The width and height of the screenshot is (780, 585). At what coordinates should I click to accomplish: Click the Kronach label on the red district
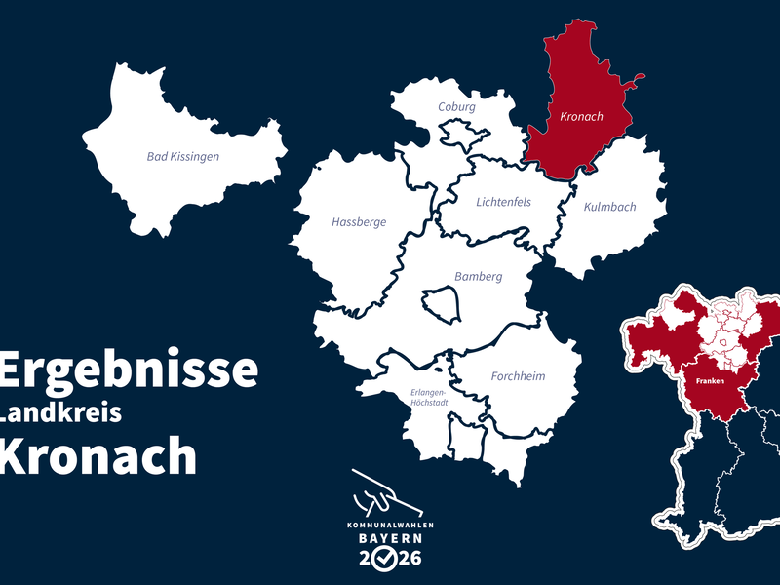582,117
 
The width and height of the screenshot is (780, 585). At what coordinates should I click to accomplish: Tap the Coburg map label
456,106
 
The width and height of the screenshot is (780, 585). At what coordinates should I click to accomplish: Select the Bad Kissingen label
183,156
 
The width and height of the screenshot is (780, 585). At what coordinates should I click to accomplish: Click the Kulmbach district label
609,207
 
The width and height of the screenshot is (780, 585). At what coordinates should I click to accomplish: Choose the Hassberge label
359,222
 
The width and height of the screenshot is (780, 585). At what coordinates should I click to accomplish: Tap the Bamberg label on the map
478,277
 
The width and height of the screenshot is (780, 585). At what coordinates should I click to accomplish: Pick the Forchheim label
518,376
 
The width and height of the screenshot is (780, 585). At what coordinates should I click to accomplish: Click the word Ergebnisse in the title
129,370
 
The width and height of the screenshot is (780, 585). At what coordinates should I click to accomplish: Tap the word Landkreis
60,412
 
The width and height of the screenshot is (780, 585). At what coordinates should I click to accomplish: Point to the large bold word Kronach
97,454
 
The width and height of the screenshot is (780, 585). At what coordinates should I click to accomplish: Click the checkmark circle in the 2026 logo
389,559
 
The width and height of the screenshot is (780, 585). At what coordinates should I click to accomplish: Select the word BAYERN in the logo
389,538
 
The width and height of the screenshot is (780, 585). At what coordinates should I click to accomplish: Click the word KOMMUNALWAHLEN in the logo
389,525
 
